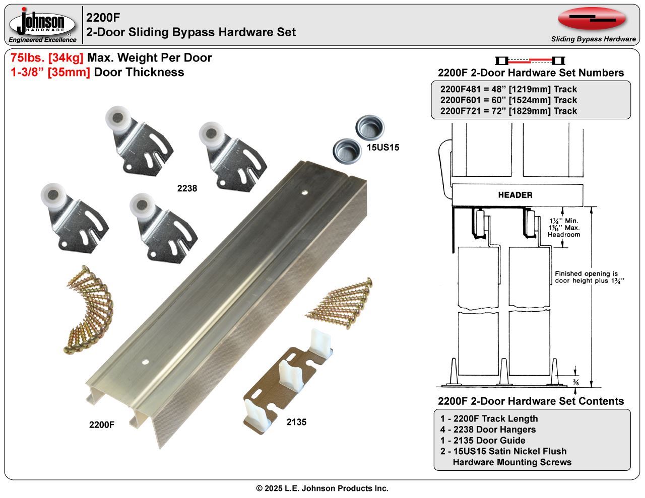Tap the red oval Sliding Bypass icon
pos(592,19)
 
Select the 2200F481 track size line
pos(508,89)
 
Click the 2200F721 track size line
pos(508,111)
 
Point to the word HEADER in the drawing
pos(515,195)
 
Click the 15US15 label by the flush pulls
pos(383,148)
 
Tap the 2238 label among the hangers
pos(187,188)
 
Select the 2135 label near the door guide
pos(296,422)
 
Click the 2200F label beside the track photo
pos(102,424)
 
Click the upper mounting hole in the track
pos(304,192)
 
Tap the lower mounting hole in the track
pos(146,362)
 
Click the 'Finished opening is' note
pos(586,273)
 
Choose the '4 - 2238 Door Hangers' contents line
pos(488,430)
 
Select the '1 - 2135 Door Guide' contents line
pos(482,441)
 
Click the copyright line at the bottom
pos(322,488)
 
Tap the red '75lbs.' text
pos(28,58)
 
